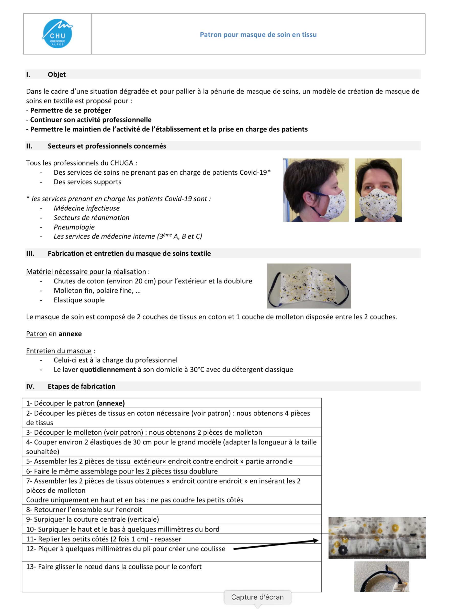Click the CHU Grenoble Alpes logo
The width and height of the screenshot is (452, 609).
(58, 34)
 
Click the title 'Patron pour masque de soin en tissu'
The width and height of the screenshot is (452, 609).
(258, 35)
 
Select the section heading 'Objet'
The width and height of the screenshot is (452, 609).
(57, 74)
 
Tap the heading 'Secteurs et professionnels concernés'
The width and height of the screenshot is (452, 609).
(107, 146)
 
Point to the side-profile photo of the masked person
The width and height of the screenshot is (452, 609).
(315, 190)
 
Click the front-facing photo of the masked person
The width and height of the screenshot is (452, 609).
(378, 190)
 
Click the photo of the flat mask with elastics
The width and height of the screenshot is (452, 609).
(309, 286)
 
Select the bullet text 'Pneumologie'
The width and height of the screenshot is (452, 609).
(74, 227)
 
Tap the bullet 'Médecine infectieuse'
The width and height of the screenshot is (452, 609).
(86, 208)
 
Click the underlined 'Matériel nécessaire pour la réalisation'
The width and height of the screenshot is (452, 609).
(86, 272)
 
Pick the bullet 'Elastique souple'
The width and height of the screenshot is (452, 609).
(79, 300)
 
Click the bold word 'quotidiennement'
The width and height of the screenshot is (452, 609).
(108, 370)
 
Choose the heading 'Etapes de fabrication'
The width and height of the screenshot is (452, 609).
(82, 386)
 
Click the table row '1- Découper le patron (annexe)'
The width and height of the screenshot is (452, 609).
(75, 403)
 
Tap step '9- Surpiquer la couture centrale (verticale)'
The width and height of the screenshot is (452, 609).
(93, 519)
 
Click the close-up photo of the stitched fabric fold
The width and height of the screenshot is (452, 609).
(377, 538)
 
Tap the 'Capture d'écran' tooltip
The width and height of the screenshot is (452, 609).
(257, 597)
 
